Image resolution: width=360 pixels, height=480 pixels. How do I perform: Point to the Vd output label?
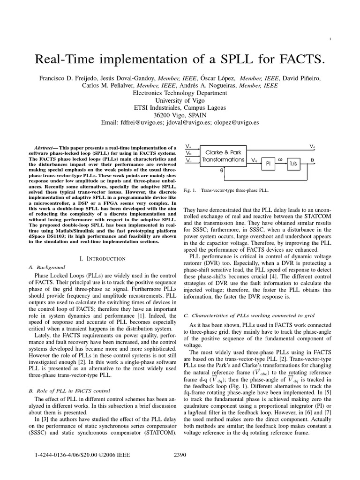coord(312,147)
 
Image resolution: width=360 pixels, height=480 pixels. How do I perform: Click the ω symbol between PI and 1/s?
coord(281,159)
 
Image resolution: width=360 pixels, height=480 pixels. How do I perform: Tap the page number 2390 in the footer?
coord(180,455)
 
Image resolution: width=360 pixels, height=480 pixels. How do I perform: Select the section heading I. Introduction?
coord(103,258)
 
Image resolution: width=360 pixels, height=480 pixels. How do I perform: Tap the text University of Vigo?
coord(180,100)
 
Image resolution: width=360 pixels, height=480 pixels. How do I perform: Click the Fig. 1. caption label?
coord(190,191)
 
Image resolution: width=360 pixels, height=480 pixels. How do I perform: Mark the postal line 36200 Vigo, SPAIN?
coord(180,115)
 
